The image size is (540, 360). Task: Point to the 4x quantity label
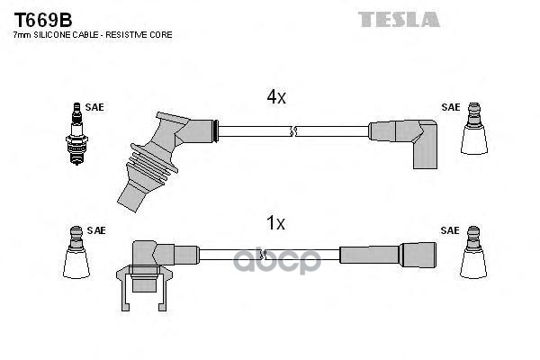(x=274, y=97)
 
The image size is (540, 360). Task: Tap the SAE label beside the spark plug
(x=95, y=107)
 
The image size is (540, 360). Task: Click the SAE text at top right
(x=450, y=107)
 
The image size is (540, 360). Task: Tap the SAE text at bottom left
(x=95, y=230)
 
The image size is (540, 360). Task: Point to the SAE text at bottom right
(x=450, y=230)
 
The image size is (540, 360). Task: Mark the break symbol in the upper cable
(x=292, y=131)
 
